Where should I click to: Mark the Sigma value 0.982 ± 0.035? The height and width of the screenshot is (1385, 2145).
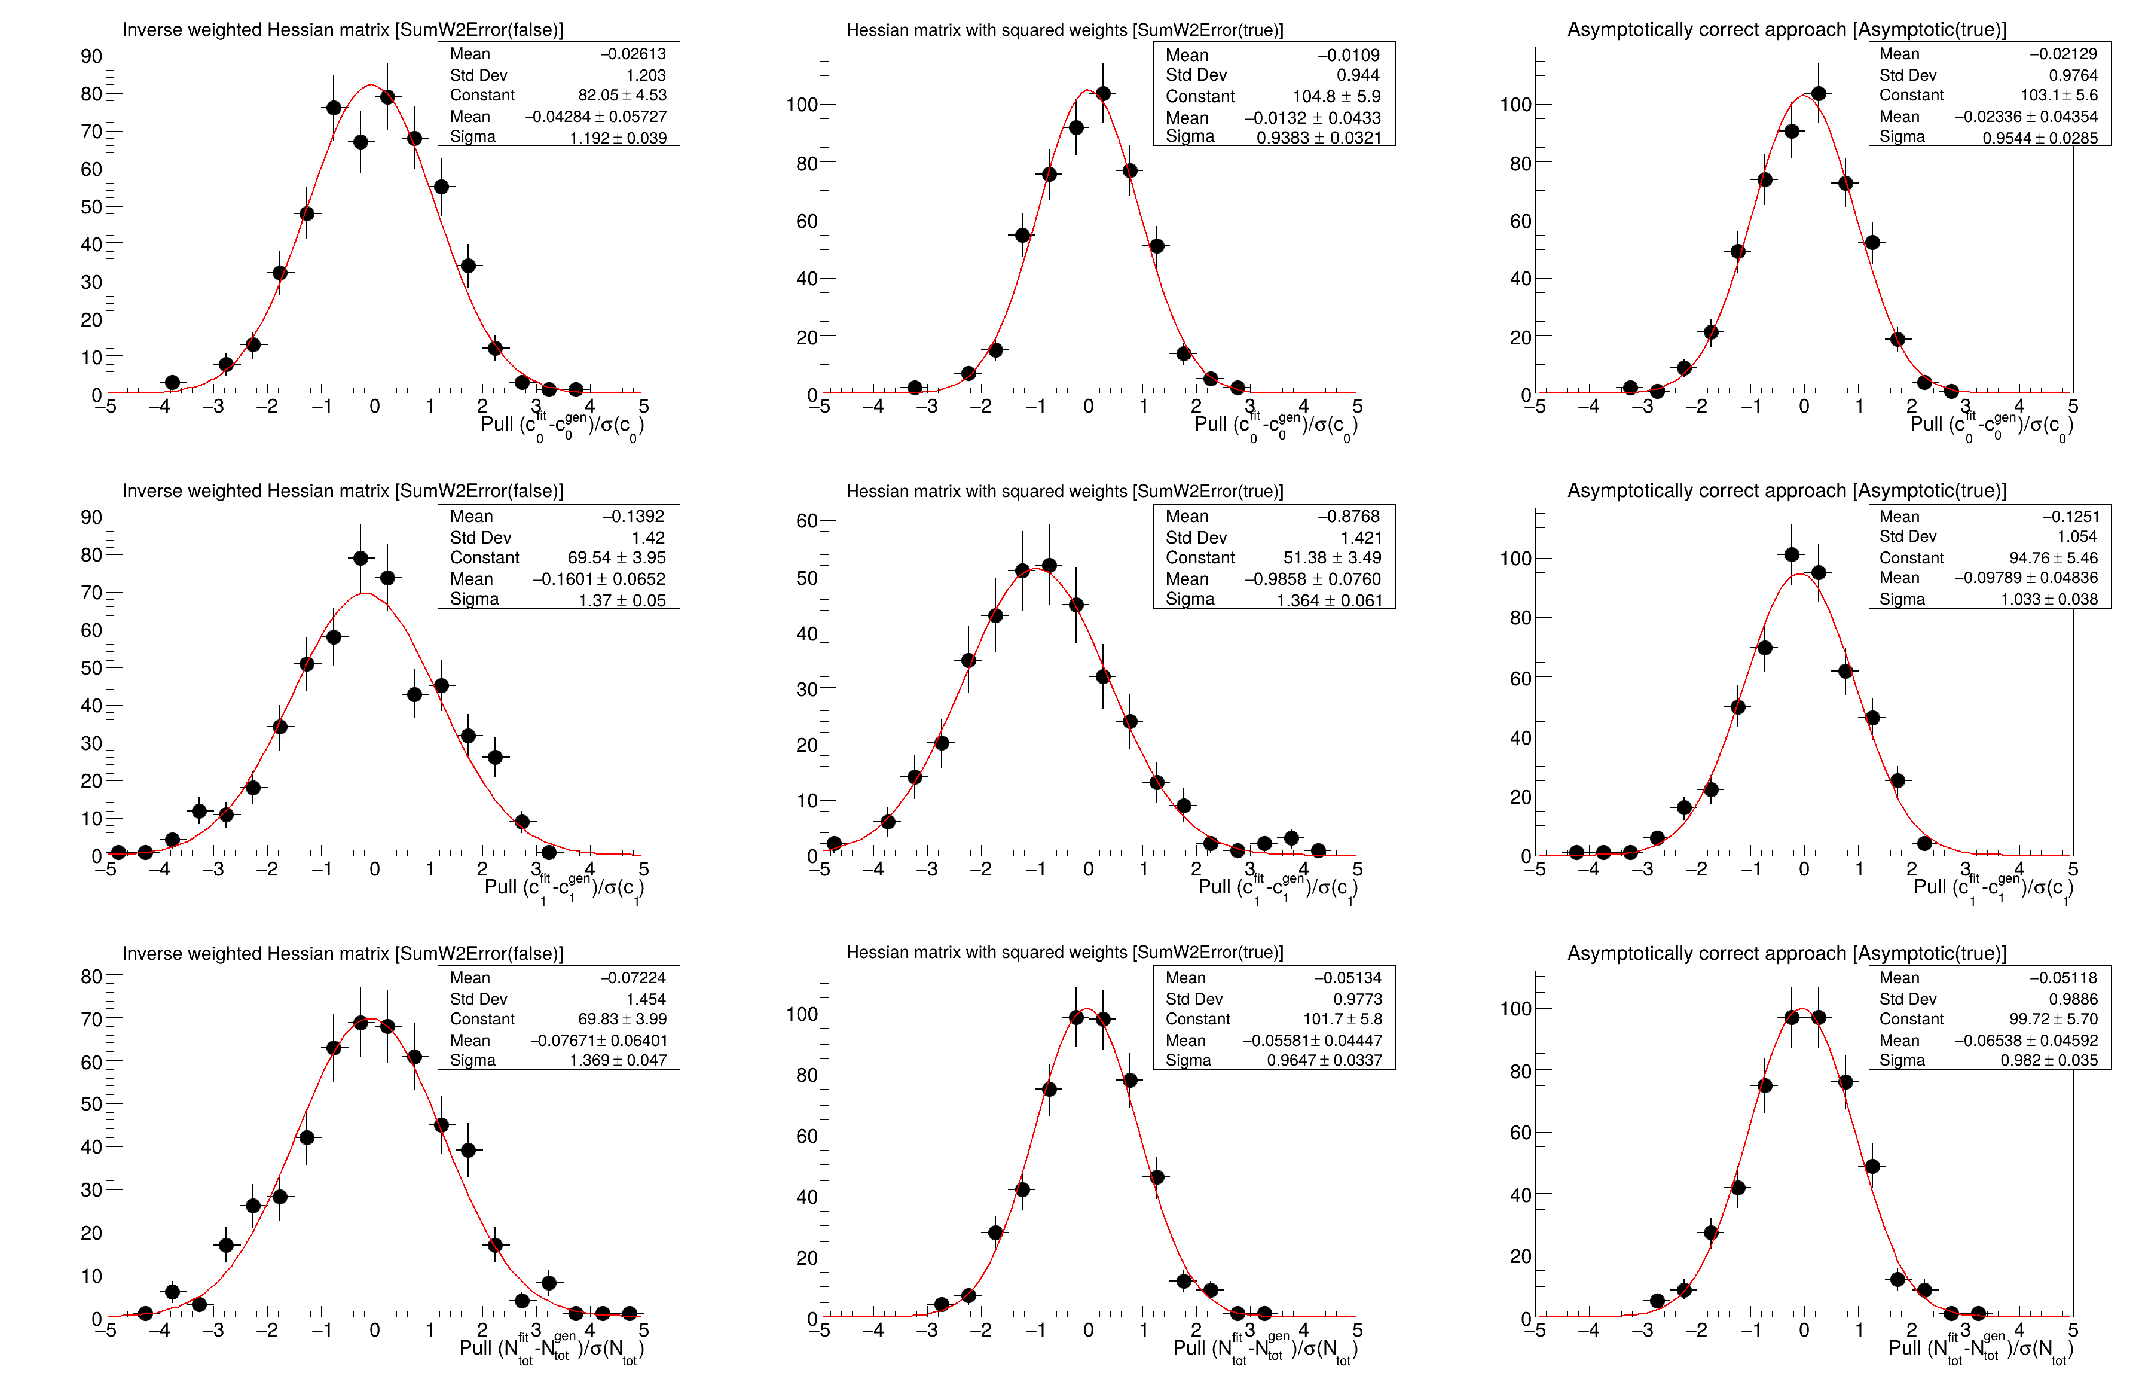(2049, 1060)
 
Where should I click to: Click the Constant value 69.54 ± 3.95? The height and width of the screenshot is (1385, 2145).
(617, 557)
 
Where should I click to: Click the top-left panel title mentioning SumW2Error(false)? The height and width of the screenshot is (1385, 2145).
(343, 30)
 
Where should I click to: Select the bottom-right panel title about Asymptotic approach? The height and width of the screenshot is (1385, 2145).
(1786, 953)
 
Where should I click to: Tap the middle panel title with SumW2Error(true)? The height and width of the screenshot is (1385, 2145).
(1064, 491)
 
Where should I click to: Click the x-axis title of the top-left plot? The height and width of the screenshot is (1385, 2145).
(562, 425)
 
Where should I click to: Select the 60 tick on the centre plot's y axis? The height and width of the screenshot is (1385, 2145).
(806, 521)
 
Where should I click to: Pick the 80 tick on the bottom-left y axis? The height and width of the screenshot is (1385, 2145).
(91, 977)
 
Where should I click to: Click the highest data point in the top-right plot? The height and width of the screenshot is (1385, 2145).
(1818, 93)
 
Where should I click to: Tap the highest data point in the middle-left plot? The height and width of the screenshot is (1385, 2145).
(360, 559)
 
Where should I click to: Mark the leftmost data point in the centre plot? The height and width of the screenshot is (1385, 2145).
(833, 844)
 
